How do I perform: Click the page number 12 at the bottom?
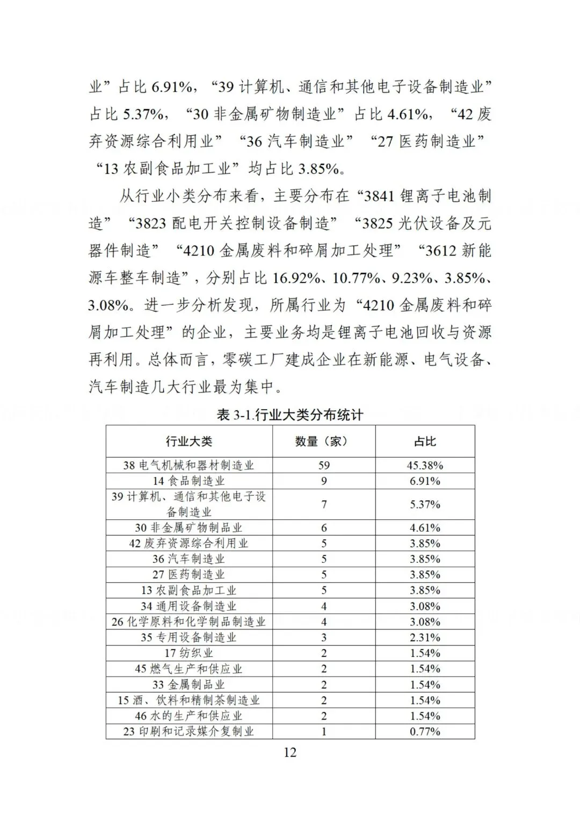[289, 752]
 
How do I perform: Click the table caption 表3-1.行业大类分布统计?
[289, 415]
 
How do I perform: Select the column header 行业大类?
[189, 441]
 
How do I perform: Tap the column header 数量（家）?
[324, 441]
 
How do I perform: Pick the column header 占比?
[425, 441]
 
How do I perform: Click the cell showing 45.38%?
[425, 465]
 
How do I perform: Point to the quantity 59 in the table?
[324, 465]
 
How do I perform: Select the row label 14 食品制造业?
[189, 481]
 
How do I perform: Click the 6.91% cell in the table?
[425, 481]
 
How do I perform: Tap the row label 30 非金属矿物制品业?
[189, 527]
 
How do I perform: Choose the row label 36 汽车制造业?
[189, 559]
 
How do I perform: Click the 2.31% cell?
[425, 637]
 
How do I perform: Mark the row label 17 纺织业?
[189, 653]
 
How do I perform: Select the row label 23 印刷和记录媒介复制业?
[189, 731]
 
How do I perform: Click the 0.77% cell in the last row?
[425, 731]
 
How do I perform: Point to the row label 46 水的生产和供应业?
[189, 716]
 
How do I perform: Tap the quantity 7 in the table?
[324, 504]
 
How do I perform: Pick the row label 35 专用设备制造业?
[189, 637]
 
